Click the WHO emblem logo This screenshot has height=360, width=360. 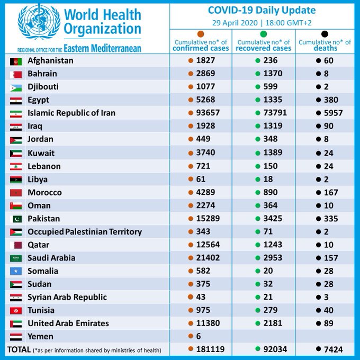pos(39,22)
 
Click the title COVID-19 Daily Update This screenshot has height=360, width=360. pos(262,11)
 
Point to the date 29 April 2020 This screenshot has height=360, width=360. pos(235,23)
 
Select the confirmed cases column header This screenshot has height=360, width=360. pos(201,45)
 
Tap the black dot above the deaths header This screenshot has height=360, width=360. pos(325,34)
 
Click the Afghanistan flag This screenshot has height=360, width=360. pos(16,61)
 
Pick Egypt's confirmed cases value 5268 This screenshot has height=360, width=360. pos(205,100)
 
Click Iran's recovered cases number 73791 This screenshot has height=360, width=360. pos(275,113)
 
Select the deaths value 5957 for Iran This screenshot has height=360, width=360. pos(334,113)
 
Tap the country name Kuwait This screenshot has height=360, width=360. pos(41,153)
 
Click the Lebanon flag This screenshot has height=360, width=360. pos(16,167)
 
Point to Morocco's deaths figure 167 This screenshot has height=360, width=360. pos(331,192)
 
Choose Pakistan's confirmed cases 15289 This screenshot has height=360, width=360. pos(208,218)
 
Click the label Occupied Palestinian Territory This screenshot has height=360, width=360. pos(85,232)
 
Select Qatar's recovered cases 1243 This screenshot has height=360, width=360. pos(273,245)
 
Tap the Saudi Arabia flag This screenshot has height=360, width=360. pos(16,258)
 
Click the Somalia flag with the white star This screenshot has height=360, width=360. pos(16,272)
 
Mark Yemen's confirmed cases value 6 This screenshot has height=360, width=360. pos(199,336)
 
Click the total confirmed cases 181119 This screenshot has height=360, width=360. pos(210,349)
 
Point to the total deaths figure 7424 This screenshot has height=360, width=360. pos(334,349)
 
